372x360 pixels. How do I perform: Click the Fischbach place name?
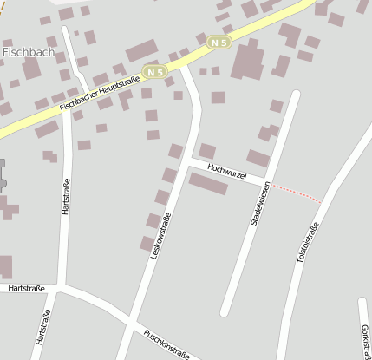(x=26, y=51)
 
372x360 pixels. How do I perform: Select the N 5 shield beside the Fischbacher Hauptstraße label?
(x=155, y=72)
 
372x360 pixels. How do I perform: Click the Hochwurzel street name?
(x=227, y=172)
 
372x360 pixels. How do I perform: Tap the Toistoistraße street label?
(x=308, y=242)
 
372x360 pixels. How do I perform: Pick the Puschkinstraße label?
(x=166, y=343)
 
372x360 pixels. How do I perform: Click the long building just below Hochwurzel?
(x=208, y=184)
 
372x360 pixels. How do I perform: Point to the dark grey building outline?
(x=3, y=178)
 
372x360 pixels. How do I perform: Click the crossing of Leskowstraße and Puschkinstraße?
(x=129, y=320)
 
